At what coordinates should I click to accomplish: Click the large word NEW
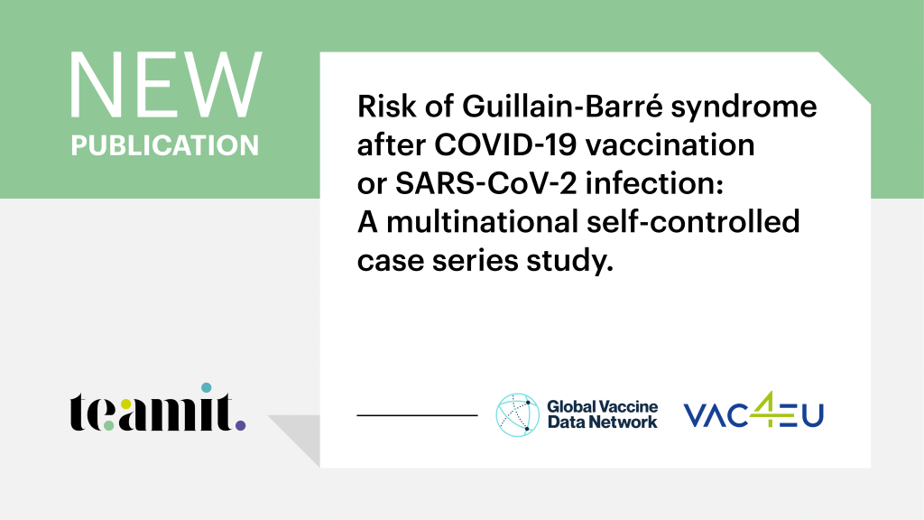pos(166,86)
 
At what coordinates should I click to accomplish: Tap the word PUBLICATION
pos(165,145)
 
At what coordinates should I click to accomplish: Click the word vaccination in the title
pos(670,145)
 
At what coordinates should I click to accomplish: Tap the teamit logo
pos(158,407)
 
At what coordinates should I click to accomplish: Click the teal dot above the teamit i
pos(207,388)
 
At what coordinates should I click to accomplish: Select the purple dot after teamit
pos(240,425)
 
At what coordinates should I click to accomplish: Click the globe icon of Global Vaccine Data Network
pos(517,415)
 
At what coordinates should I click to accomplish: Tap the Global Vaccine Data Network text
pos(602,414)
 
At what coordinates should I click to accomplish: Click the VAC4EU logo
pos(753,411)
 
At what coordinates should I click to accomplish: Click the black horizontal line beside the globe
pos(417,415)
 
